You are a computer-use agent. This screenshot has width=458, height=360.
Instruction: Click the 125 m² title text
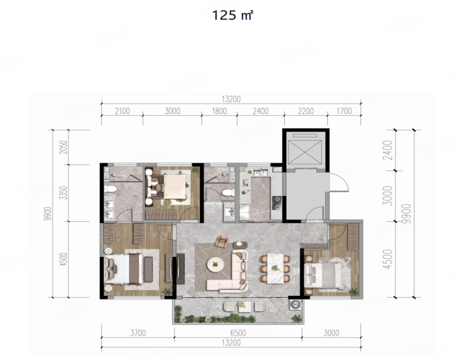coord(232,15)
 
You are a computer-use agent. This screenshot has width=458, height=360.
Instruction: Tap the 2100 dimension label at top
coord(122,111)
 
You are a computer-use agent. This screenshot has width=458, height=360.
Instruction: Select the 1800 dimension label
coord(219,111)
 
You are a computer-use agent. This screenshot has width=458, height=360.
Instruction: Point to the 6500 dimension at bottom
coord(238,333)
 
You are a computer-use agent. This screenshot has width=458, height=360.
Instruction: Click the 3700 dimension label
coord(138,333)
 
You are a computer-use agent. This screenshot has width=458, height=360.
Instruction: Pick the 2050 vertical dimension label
coord(64,147)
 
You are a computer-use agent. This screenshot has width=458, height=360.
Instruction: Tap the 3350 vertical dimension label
coord(64,193)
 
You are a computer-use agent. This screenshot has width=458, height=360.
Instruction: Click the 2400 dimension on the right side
coord(388,150)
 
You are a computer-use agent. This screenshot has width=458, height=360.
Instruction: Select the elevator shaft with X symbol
coord(305,152)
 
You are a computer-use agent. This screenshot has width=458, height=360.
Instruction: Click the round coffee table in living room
coord(216,264)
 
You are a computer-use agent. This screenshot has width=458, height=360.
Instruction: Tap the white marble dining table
coord(275,268)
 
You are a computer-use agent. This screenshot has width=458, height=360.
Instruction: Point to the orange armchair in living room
coord(222,241)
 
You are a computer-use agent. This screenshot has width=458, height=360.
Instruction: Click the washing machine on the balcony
coord(295,305)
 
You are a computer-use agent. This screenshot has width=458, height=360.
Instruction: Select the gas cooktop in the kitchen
coord(276,203)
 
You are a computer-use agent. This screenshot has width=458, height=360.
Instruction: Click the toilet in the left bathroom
coord(110,189)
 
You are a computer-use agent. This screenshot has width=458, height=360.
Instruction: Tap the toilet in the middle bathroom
coord(228,192)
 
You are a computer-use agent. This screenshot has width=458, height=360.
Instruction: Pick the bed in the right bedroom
coord(324,275)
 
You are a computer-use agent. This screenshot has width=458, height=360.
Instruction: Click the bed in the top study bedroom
coord(175,187)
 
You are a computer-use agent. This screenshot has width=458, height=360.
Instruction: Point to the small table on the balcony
coord(244,306)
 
